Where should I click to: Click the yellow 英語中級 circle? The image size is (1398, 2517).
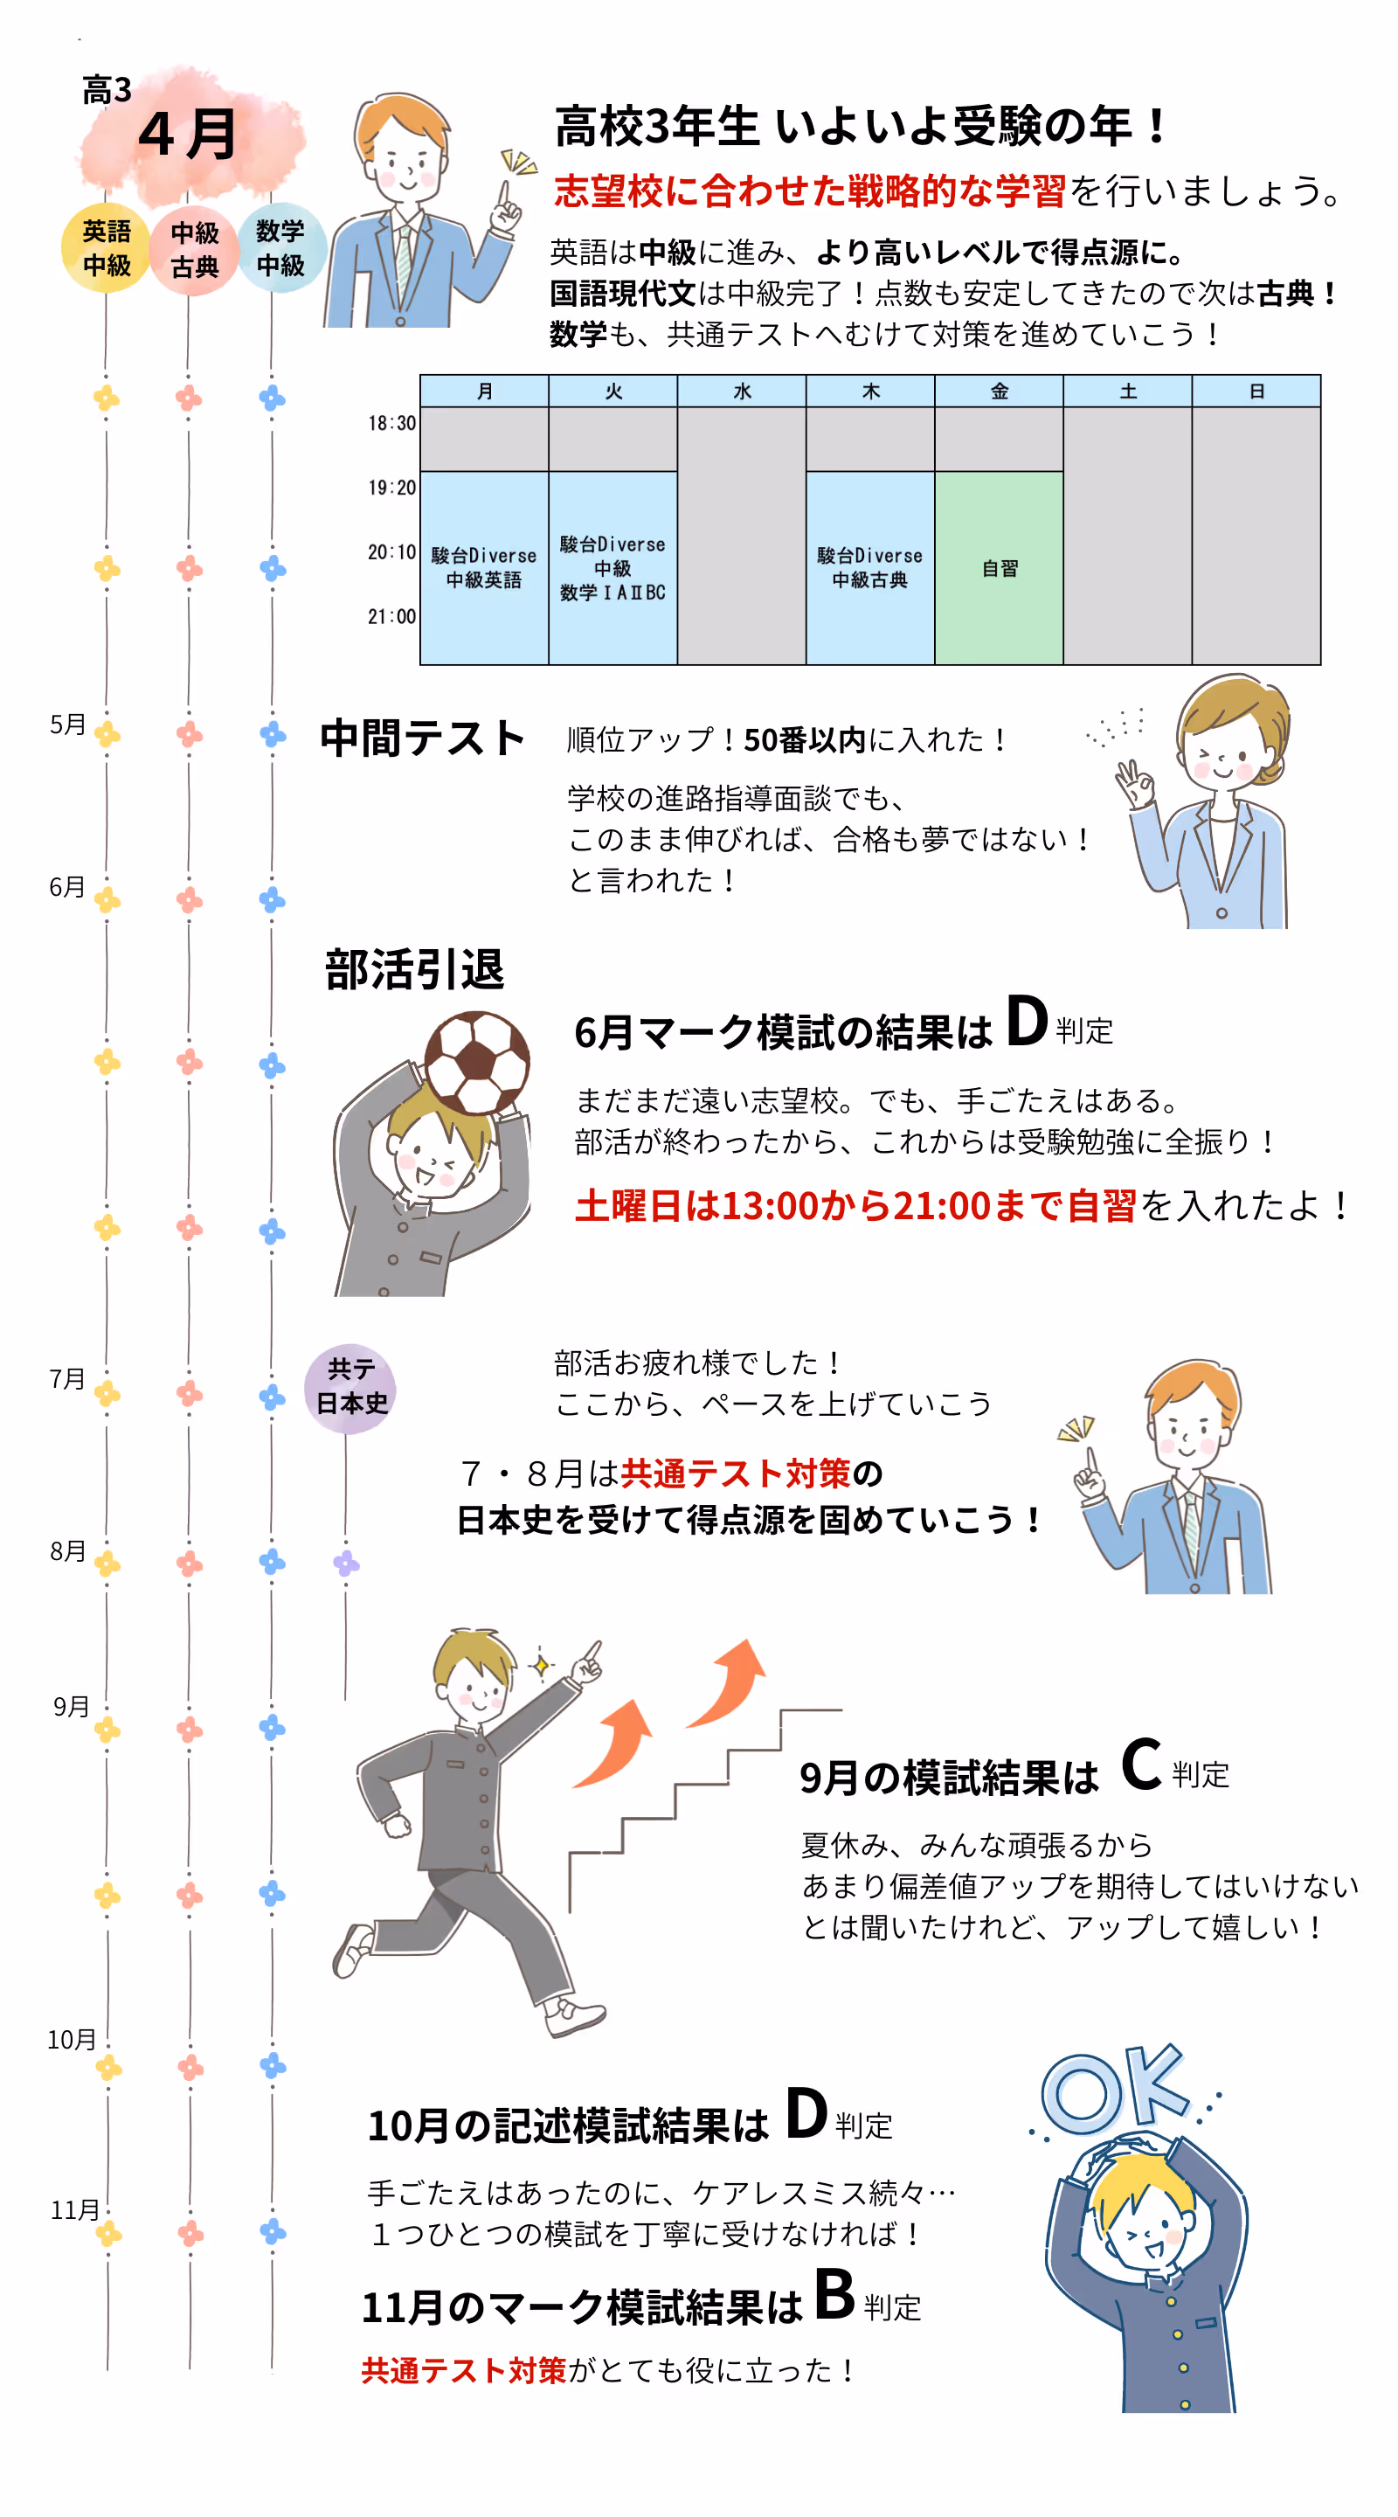point(106,248)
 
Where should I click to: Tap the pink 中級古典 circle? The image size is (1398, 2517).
point(193,250)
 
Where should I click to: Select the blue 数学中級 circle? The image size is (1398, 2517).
point(280,248)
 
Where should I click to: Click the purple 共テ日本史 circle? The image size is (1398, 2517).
point(350,1389)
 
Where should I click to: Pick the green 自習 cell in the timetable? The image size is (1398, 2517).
point(999,568)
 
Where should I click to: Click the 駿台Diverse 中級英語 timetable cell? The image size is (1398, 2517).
point(483,568)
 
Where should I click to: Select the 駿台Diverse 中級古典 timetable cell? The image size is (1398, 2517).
point(869,568)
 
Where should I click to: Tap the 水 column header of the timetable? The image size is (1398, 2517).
point(742,391)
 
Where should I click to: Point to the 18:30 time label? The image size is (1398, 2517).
point(391,423)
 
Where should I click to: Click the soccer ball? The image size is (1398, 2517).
point(477,1062)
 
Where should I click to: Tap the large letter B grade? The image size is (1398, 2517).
point(834,2295)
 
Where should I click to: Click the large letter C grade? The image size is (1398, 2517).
point(1141,1765)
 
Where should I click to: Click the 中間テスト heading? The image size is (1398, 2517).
point(422,738)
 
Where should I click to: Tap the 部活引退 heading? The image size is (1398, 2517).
point(414,970)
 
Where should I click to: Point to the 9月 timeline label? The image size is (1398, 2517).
point(72,1707)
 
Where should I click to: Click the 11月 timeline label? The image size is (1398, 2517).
point(74,2210)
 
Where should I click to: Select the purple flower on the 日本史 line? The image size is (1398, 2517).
point(346,1564)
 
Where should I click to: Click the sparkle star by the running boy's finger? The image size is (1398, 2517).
point(540,1664)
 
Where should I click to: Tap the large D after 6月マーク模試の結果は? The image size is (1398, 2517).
point(1026,1022)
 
